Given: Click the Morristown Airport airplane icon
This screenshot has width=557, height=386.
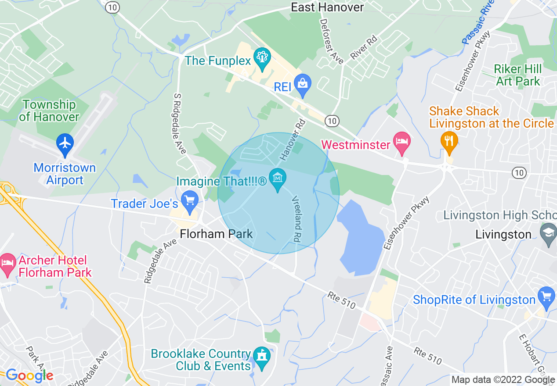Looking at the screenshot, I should (x=65, y=143).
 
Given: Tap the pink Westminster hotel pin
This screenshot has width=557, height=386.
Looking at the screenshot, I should (x=401, y=142).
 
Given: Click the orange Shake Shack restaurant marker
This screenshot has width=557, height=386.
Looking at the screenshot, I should (x=449, y=141).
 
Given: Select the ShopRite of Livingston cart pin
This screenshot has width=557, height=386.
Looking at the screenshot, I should (x=546, y=297).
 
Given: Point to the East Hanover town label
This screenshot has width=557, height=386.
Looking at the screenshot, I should (x=328, y=7).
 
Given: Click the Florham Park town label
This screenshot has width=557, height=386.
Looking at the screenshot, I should (x=217, y=233).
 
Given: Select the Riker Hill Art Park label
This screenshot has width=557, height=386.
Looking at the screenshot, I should (x=518, y=75).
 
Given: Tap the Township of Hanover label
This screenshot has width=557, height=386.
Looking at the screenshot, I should (x=49, y=111).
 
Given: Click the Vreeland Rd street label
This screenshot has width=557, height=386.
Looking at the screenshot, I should (x=297, y=218).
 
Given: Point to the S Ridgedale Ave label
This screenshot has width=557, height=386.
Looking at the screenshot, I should (x=180, y=123).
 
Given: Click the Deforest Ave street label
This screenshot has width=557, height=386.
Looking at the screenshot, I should (x=331, y=41).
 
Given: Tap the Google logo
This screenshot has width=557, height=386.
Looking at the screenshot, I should (x=29, y=375).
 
